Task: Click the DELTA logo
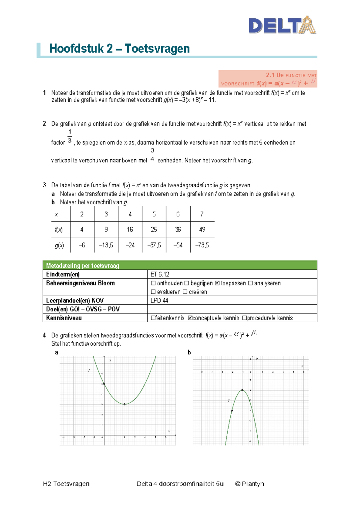tap(282, 25)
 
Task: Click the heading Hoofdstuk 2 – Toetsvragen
tap(119, 49)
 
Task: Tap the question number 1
tap(44, 93)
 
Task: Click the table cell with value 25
tap(154, 230)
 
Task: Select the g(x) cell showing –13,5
tap(106, 245)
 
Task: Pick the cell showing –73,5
tap(202, 245)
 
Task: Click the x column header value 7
tap(202, 214)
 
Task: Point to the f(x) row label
tap(59, 230)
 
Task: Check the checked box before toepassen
tap(217, 283)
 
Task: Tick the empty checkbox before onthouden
tap(153, 283)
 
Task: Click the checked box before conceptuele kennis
tap(190, 318)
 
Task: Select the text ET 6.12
tap(160, 274)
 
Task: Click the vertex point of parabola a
tap(124, 404)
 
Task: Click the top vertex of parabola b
tap(242, 390)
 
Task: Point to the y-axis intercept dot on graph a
tap(104, 384)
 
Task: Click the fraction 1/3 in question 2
tap(70, 136)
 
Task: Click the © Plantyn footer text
tap(249, 483)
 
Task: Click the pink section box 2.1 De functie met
tap(268, 79)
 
